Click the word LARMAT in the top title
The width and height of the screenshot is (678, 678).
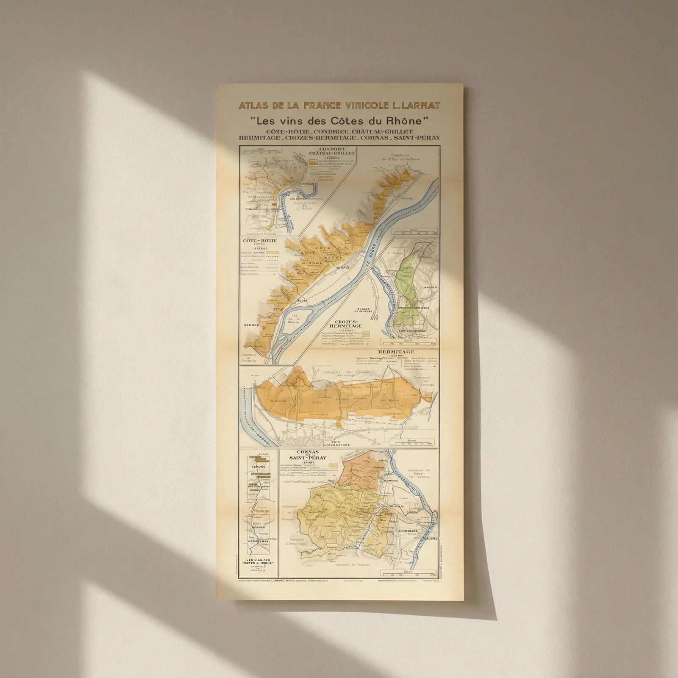click(x=417, y=106)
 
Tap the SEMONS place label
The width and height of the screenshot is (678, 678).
click(x=251, y=325)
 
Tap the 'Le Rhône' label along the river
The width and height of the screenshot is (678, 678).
click(x=370, y=258)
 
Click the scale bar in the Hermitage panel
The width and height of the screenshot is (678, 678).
click(x=415, y=443)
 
